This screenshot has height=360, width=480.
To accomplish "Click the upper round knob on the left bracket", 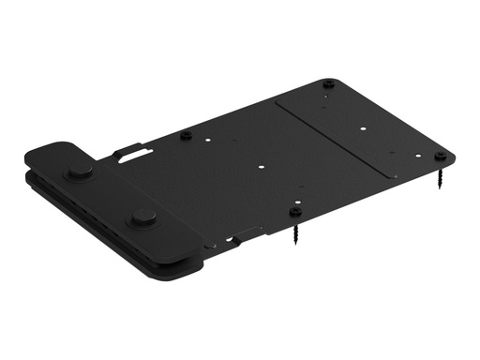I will coord(80,171).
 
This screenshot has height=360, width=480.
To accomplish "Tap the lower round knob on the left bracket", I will coord(143,217).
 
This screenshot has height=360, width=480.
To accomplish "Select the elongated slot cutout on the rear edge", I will coord(132,149).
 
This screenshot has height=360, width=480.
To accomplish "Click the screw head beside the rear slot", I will coord(186,136).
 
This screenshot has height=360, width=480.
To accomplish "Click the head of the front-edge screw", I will coord(296,211).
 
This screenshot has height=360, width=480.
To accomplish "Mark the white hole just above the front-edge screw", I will coord(296,198).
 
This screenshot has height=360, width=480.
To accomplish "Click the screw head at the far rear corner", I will coord(328,83).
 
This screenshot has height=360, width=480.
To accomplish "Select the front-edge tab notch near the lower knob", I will coord(246,233).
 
